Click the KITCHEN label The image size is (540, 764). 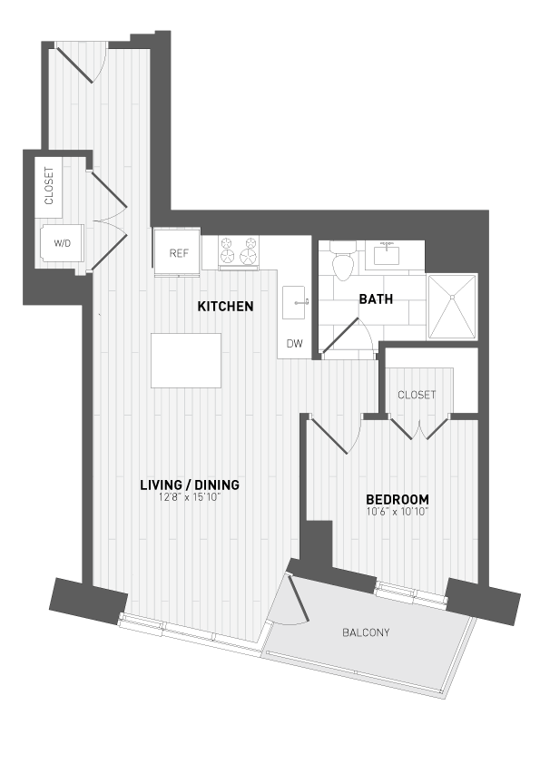[225, 307]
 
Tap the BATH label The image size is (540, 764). [375, 299]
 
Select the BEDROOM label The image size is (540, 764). [397, 499]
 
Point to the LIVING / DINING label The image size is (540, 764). [189, 485]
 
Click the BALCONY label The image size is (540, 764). [366, 632]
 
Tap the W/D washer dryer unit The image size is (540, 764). [62, 243]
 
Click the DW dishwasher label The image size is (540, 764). [294, 343]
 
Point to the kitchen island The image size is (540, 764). [186, 359]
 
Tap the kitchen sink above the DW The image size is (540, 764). [296, 301]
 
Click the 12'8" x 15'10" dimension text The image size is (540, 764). [189, 496]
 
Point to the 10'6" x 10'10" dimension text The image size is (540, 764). [397, 512]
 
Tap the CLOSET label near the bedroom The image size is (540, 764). [417, 395]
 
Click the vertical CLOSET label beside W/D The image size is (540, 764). [48, 186]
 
